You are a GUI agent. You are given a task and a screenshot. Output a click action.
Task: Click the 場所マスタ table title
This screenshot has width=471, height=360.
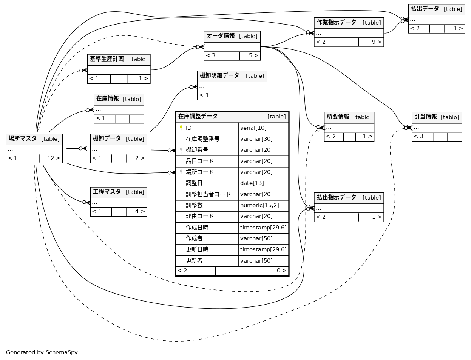click(x=23, y=139)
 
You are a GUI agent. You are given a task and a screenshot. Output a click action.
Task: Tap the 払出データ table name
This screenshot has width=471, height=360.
click(x=425, y=9)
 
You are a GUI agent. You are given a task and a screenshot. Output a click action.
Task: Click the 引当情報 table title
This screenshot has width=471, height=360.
click(x=426, y=117)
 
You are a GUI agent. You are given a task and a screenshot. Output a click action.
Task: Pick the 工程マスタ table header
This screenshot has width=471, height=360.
click(x=107, y=192)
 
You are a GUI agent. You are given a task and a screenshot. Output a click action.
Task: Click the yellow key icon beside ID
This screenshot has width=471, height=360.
click(x=181, y=128)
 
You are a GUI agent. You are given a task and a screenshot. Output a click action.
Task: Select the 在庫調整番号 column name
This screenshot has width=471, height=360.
click(x=202, y=139)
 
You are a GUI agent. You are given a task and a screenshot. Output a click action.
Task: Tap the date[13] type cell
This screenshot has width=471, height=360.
click(x=252, y=183)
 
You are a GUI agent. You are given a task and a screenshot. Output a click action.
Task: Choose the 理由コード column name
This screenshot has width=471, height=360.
click(x=199, y=217)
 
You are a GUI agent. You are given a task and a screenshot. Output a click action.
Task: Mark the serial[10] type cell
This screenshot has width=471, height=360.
click(x=253, y=128)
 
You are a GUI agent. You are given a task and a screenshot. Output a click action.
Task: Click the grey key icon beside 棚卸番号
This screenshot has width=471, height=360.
click(x=181, y=150)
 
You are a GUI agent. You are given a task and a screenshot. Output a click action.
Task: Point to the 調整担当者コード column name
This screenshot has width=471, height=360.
click(x=208, y=194)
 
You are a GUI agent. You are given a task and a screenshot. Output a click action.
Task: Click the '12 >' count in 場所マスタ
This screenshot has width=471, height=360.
click(x=54, y=158)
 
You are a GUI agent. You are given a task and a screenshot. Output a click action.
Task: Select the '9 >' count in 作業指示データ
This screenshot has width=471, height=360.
click(x=377, y=42)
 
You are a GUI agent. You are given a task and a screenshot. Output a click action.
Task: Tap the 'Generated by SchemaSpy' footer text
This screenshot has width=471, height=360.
click(x=42, y=353)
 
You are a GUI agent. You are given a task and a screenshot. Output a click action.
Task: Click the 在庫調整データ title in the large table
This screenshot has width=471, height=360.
click(x=198, y=117)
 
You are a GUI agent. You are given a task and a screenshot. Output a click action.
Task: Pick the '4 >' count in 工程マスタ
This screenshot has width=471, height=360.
click(x=140, y=212)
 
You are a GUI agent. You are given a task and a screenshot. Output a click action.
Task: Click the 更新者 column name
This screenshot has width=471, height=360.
click(x=194, y=261)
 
